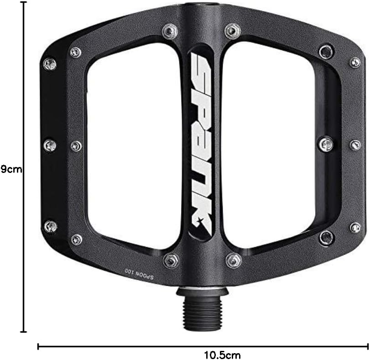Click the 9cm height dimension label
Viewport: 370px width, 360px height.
tap(11, 169)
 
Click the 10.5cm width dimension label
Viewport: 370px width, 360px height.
tap(222, 355)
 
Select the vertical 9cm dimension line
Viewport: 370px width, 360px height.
tap(24, 167)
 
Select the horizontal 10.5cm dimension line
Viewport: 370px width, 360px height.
tap(203, 347)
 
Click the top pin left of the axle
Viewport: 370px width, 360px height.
tap(170, 31)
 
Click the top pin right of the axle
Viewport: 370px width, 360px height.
tap(233, 31)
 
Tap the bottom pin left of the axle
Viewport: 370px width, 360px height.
tap(171, 261)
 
